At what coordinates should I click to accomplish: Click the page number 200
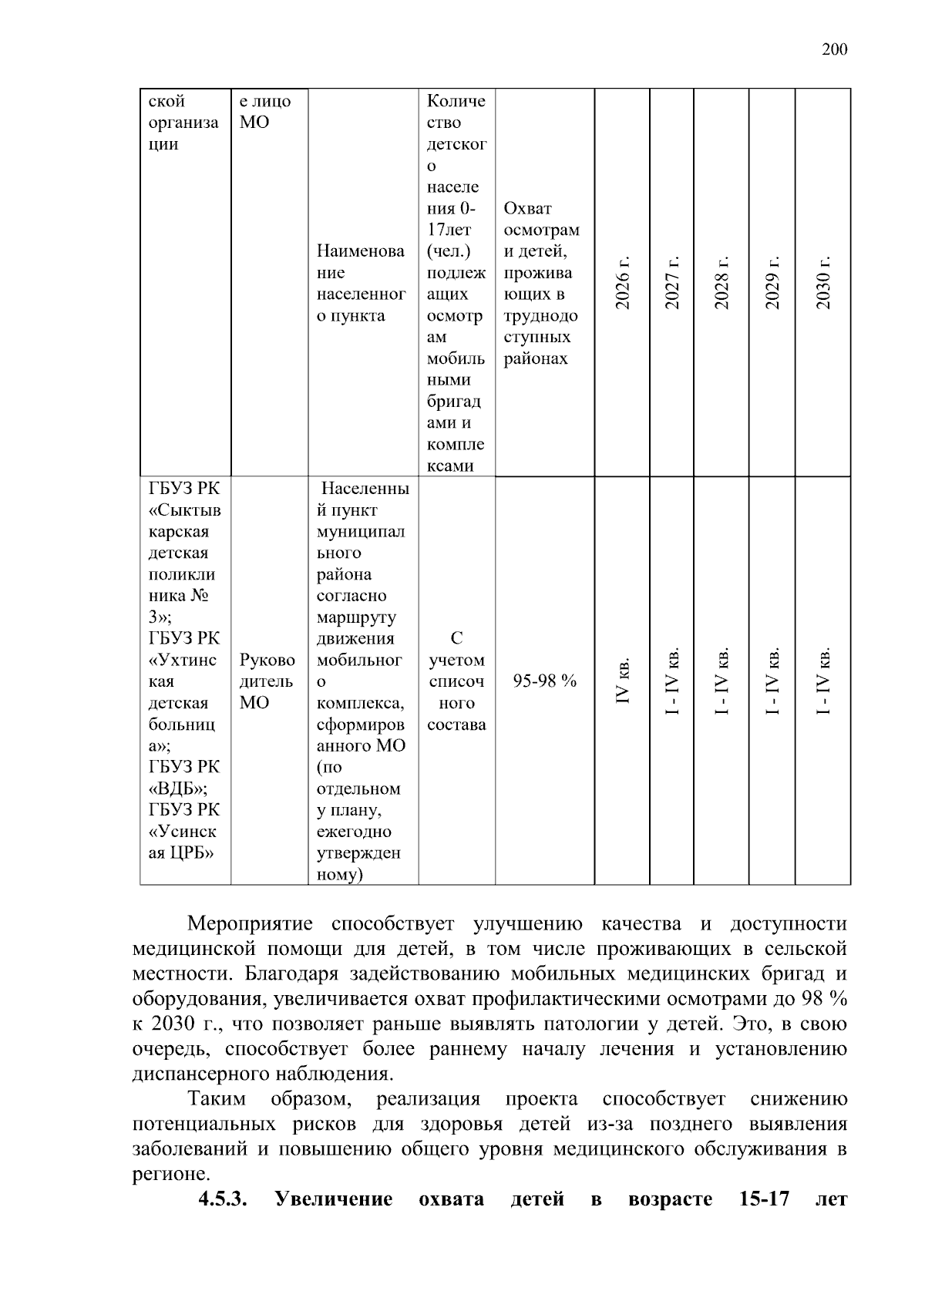pyautogui.click(x=834, y=50)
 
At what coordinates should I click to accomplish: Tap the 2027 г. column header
pyautogui.click(x=672, y=283)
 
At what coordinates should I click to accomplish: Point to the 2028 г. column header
pyautogui.click(x=721, y=283)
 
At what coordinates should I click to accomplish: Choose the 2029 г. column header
pyautogui.click(x=772, y=283)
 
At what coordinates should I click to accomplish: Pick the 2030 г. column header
pyautogui.click(x=823, y=283)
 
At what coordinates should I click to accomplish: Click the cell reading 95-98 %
pyautogui.click(x=545, y=681)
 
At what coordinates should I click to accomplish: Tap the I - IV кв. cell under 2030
pyautogui.click(x=823, y=681)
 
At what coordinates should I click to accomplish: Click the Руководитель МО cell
pyautogui.click(x=267, y=681)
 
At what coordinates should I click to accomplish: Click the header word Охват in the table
pyautogui.click(x=527, y=209)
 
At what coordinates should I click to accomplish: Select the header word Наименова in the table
pyautogui.click(x=360, y=251)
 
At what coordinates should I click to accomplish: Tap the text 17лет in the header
pyautogui.click(x=449, y=230)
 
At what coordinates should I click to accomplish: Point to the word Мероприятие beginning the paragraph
pyautogui.click(x=250, y=924)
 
